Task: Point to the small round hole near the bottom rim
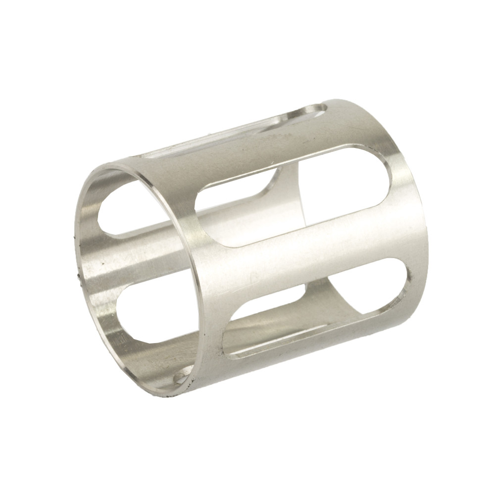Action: [180, 379]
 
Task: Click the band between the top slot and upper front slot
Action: [257, 158]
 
